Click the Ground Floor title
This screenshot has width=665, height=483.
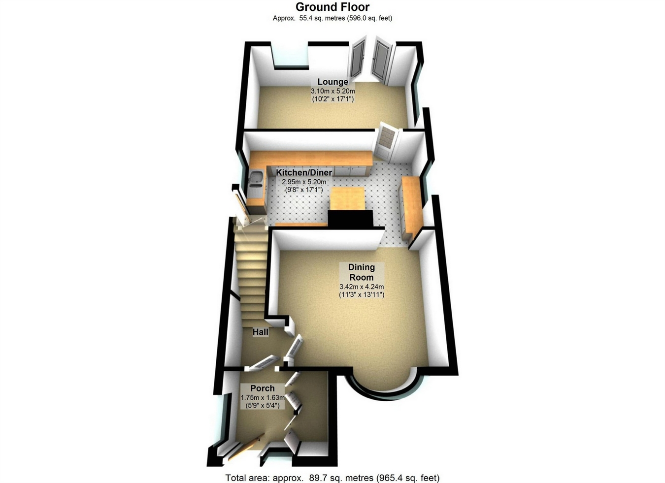click(332, 7)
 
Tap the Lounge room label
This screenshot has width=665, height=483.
click(332, 82)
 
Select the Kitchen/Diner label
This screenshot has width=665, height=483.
click(304, 172)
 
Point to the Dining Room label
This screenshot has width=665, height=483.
click(362, 272)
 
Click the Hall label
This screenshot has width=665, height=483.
click(260, 332)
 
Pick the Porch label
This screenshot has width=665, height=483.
click(262, 388)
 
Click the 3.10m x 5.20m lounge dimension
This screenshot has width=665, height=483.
click(332, 91)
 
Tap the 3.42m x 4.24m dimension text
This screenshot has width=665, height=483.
click(362, 287)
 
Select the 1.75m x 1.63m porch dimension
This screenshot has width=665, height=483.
click(263, 398)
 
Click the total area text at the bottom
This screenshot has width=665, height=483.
click(332, 478)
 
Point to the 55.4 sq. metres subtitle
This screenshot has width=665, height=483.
click(332, 18)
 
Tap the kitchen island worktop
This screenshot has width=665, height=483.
click(347, 198)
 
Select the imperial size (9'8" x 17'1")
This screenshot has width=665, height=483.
click(304, 190)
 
